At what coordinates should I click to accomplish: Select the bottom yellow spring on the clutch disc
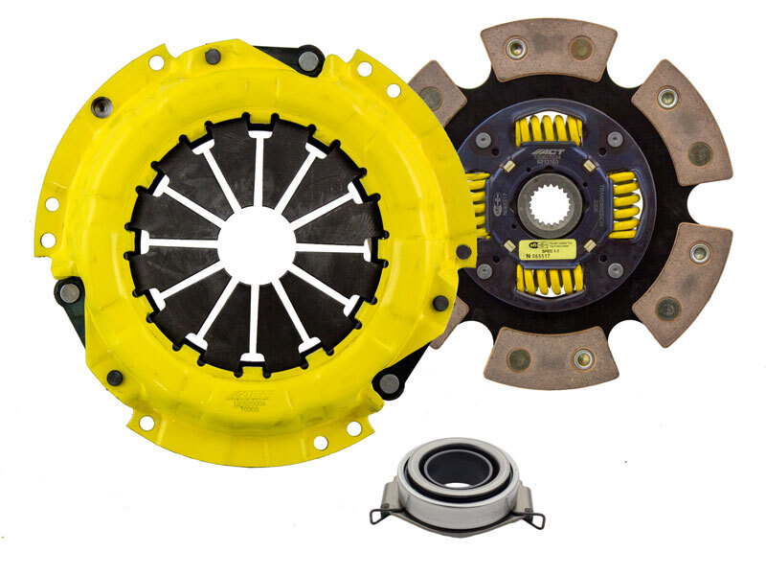(x=550, y=279)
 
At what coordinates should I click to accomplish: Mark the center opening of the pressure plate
(x=258, y=243)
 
